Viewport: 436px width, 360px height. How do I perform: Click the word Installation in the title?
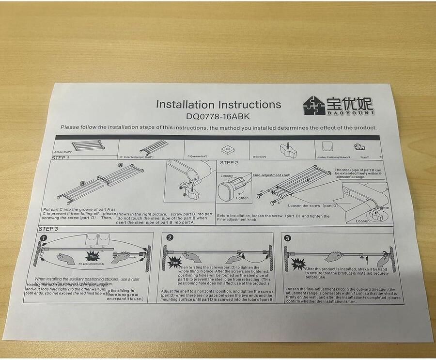click(185, 104)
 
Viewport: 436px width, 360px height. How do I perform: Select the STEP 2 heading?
click(229, 163)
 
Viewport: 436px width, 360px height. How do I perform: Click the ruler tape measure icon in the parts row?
click(359, 148)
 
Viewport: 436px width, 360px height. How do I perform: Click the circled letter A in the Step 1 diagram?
click(120, 166)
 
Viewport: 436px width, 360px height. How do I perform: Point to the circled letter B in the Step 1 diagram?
click(83, 184)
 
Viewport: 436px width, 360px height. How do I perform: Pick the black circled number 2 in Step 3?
click(170, 238)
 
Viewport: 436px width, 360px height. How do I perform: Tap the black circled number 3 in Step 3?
click(288, 238)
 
